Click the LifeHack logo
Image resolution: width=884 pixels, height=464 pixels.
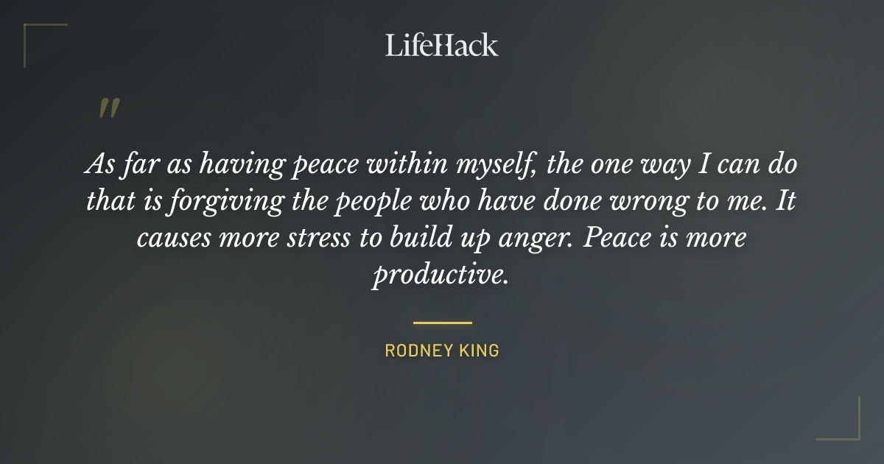click(442, 45)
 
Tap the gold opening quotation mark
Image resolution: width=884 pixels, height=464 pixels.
click(108, 110)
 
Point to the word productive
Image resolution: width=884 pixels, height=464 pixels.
click(440, 275)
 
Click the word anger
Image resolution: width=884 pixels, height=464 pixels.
click(545, 239)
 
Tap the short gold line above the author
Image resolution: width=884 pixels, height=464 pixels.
click(442, 323)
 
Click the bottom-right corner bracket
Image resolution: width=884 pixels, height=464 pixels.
click(848, 428)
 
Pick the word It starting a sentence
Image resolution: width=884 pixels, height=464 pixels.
click(785, 201)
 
